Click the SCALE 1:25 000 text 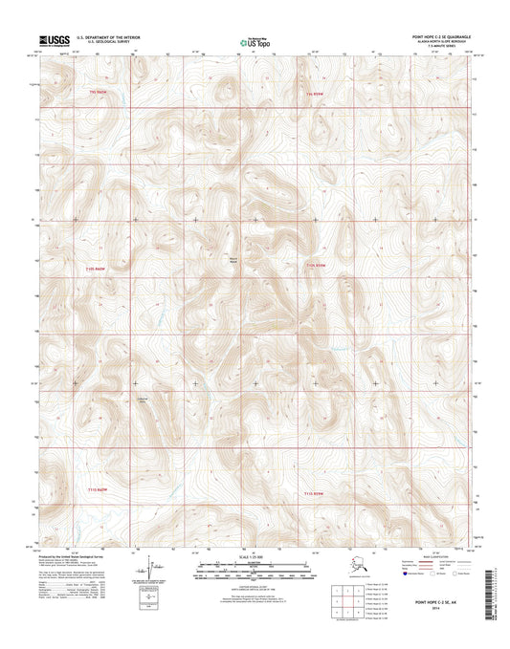(x=253, y=556)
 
